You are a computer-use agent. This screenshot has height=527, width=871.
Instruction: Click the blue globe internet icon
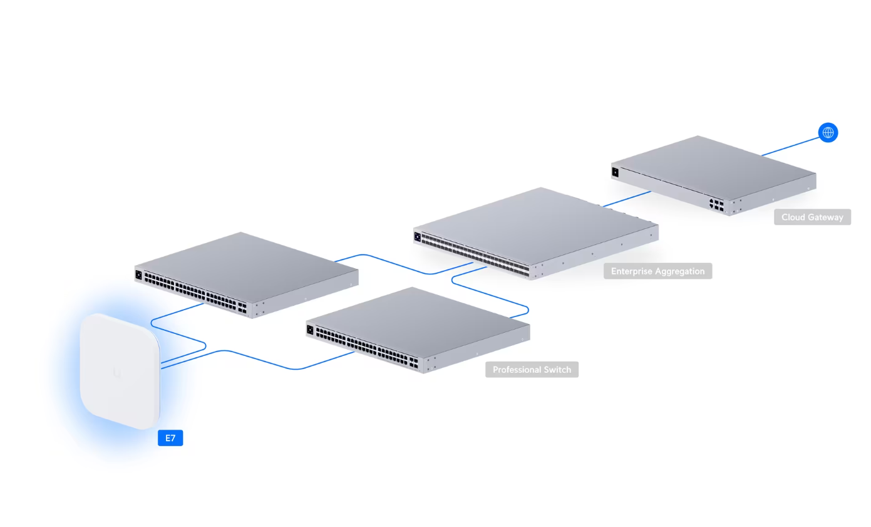(x=828, y=132)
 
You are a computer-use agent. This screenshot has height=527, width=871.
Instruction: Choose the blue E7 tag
(x=170, y=438)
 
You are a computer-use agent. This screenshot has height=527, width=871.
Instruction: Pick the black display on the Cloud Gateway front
(x=615, y=171)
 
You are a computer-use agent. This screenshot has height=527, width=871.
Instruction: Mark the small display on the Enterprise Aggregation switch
(x=417, y=236)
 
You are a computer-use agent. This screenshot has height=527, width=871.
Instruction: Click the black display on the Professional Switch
(x=309, y=328)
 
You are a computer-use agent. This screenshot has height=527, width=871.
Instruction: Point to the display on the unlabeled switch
(x=138, y=274)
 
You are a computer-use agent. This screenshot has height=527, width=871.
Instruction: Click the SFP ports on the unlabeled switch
(x=242, y=308)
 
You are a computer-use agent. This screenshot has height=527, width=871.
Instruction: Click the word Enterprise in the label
(x=631, y=271)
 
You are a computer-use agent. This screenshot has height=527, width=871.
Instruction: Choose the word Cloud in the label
(x=792, y=217)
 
